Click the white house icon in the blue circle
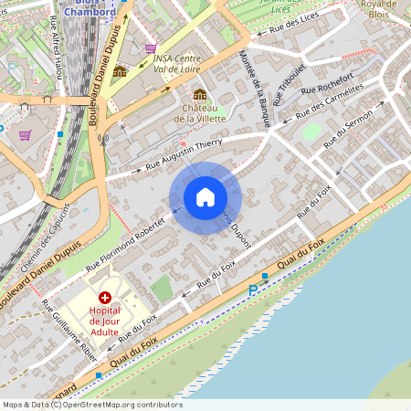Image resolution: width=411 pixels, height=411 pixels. [205, 197]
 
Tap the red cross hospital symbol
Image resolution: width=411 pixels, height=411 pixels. [105, 298]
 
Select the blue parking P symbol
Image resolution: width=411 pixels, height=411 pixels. [253, 290]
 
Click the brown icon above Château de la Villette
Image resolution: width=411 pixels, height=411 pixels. [199, 94]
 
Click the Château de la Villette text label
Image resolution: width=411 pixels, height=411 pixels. [199, 112]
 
